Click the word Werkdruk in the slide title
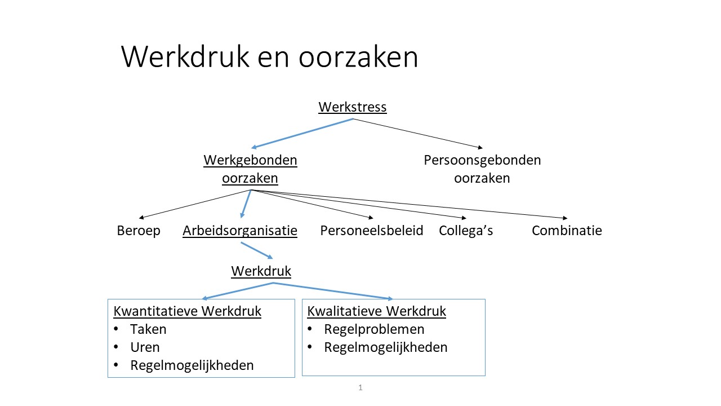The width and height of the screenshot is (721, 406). [x=185, y=56]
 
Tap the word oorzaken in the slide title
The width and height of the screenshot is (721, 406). [x=358, y=58]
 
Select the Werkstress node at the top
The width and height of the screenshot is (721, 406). [x=353, y=107]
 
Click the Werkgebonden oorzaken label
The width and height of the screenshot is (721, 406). [x=250, y=169]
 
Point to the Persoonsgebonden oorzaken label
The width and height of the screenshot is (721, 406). [x=482, y=169]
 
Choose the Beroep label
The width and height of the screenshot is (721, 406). [x=139, y=231]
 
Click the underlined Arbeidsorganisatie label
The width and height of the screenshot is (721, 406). [x=240, y=231]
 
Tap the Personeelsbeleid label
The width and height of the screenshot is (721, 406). [x=371, y=231]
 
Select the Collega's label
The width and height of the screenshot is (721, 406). [x=466, y=231]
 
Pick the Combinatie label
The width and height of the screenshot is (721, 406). [x=567, y=231]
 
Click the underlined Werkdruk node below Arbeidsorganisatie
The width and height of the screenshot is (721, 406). [x=261, y=271]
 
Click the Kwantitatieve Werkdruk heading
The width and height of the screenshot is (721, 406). [x=188, y=311]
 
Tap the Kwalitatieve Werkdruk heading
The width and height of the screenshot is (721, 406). [x=377, y=311]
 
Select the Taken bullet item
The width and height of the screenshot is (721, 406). [x=148, y=329]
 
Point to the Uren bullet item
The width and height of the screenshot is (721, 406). [x=145, y=347]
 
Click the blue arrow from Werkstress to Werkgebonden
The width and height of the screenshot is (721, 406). [x=302, y=134]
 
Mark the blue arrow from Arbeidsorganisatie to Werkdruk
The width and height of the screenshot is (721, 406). [x=257, y=250]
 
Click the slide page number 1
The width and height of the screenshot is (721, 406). [x=360, y=387]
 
